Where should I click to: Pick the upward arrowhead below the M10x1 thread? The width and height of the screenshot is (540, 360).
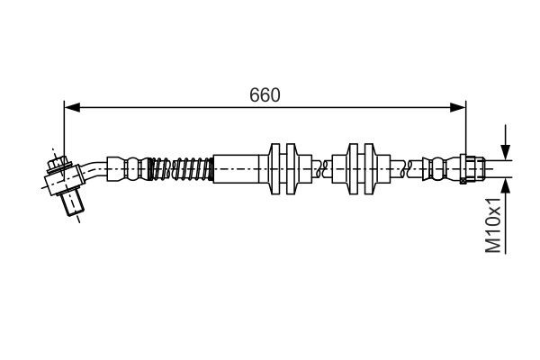coord(506,185)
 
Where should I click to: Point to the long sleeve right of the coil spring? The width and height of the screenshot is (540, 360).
coord(238,168)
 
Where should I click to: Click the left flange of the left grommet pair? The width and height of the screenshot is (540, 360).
coord(274,168)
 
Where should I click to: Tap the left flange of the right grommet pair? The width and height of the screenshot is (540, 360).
coord(353,168)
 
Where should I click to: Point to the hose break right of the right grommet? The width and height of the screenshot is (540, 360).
coord(409,166)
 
